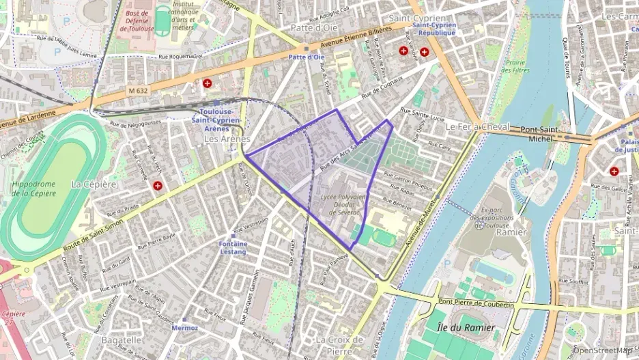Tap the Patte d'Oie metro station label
point(306,57)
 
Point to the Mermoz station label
point(185,328)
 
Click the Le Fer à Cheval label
point(477,127)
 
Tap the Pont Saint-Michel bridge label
point(541,134)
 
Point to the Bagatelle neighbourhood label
point(122,340)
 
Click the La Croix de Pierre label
point(340,344)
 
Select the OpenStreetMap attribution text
point(601,350)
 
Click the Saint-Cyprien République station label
point(437,29)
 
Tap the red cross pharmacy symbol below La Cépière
point(158,186)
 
